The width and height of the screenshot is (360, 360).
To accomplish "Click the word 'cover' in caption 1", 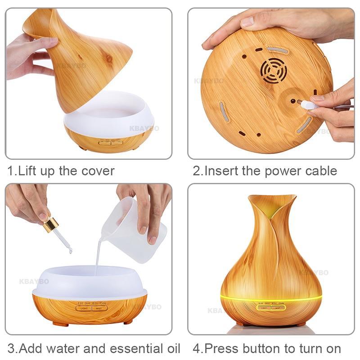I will [97, 171].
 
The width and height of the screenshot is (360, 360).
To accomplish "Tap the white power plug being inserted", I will [308, 104].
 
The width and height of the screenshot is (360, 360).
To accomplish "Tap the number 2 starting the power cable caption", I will [196, 171].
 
